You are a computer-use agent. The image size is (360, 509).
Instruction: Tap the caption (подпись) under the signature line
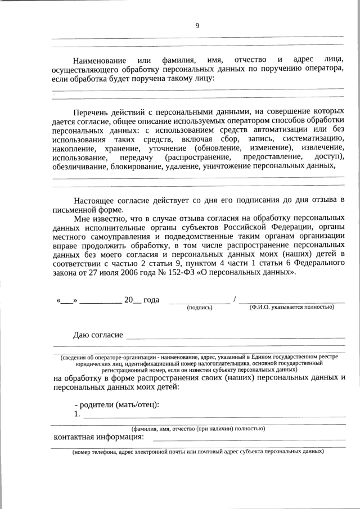(x=199, y=308)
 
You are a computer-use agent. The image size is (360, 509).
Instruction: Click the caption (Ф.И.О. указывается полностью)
(x=291, y=307)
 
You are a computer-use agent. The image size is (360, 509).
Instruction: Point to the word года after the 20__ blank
(x=151, y=300)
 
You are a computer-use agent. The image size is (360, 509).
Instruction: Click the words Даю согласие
(x=98, y=335)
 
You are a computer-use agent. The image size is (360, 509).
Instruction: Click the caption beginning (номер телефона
(x=197, y=452)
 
